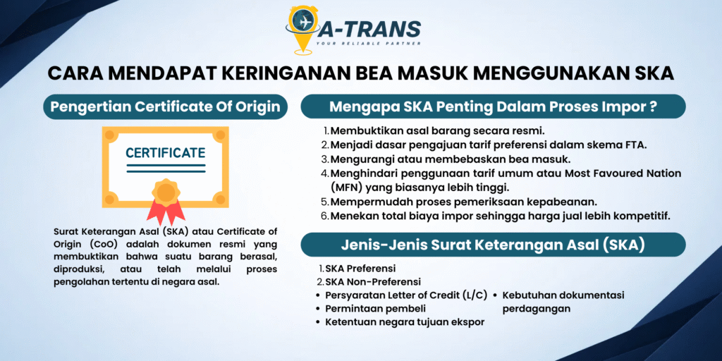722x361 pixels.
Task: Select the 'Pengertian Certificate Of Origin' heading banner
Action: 165,107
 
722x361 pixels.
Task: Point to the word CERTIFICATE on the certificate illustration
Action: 165,152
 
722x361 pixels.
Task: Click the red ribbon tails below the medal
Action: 165,212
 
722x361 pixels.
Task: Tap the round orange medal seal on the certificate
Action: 166,192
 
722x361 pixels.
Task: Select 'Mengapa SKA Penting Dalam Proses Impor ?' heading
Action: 493,107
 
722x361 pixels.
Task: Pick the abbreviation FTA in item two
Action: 638,145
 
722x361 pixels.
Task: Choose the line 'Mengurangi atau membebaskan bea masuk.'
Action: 447,159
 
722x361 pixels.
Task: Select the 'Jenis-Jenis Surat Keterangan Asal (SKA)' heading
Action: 493,245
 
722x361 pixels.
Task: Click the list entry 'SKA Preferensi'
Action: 356,268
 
